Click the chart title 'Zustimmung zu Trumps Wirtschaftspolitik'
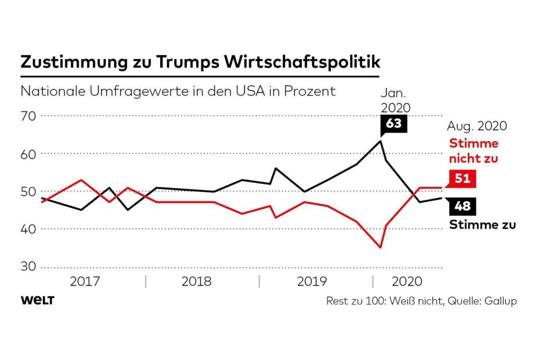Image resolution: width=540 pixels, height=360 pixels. (x=200, y=62)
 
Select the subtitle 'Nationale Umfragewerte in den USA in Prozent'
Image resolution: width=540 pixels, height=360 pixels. (x=178, y=91)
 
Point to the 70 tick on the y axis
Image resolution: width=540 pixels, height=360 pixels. (x=28, y=115)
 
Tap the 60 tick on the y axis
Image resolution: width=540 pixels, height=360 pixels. (x=28, y=154)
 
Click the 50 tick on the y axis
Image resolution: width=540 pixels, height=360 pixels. (x=28, y=191)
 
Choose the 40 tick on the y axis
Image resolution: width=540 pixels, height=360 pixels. (x=28, y=229)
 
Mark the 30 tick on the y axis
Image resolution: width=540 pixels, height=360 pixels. (x=28, y=267)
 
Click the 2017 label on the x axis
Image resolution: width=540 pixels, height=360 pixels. (x=85, y=281)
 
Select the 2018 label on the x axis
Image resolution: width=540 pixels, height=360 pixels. (x=196, y=281)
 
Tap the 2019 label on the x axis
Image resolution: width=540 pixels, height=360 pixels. (x=312, y=281)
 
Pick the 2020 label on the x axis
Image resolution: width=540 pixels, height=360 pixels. (x=407, y=281)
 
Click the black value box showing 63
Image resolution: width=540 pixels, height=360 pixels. (x=393, y=124)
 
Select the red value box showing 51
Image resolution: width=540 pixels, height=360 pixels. (x=462, y=179)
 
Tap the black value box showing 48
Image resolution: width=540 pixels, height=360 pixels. (x=462, y=206)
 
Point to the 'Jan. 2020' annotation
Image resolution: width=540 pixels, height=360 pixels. (x=395, y=100)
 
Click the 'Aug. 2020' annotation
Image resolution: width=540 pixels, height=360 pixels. (x=477, y=126)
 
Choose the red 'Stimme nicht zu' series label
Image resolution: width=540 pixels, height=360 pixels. (x=473, y=151)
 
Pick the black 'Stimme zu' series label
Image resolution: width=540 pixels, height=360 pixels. (x=482, y=225)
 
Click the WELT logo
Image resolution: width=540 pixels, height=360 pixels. (x=37, y=300)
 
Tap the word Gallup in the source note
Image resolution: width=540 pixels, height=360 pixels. (x=499, y=301)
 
